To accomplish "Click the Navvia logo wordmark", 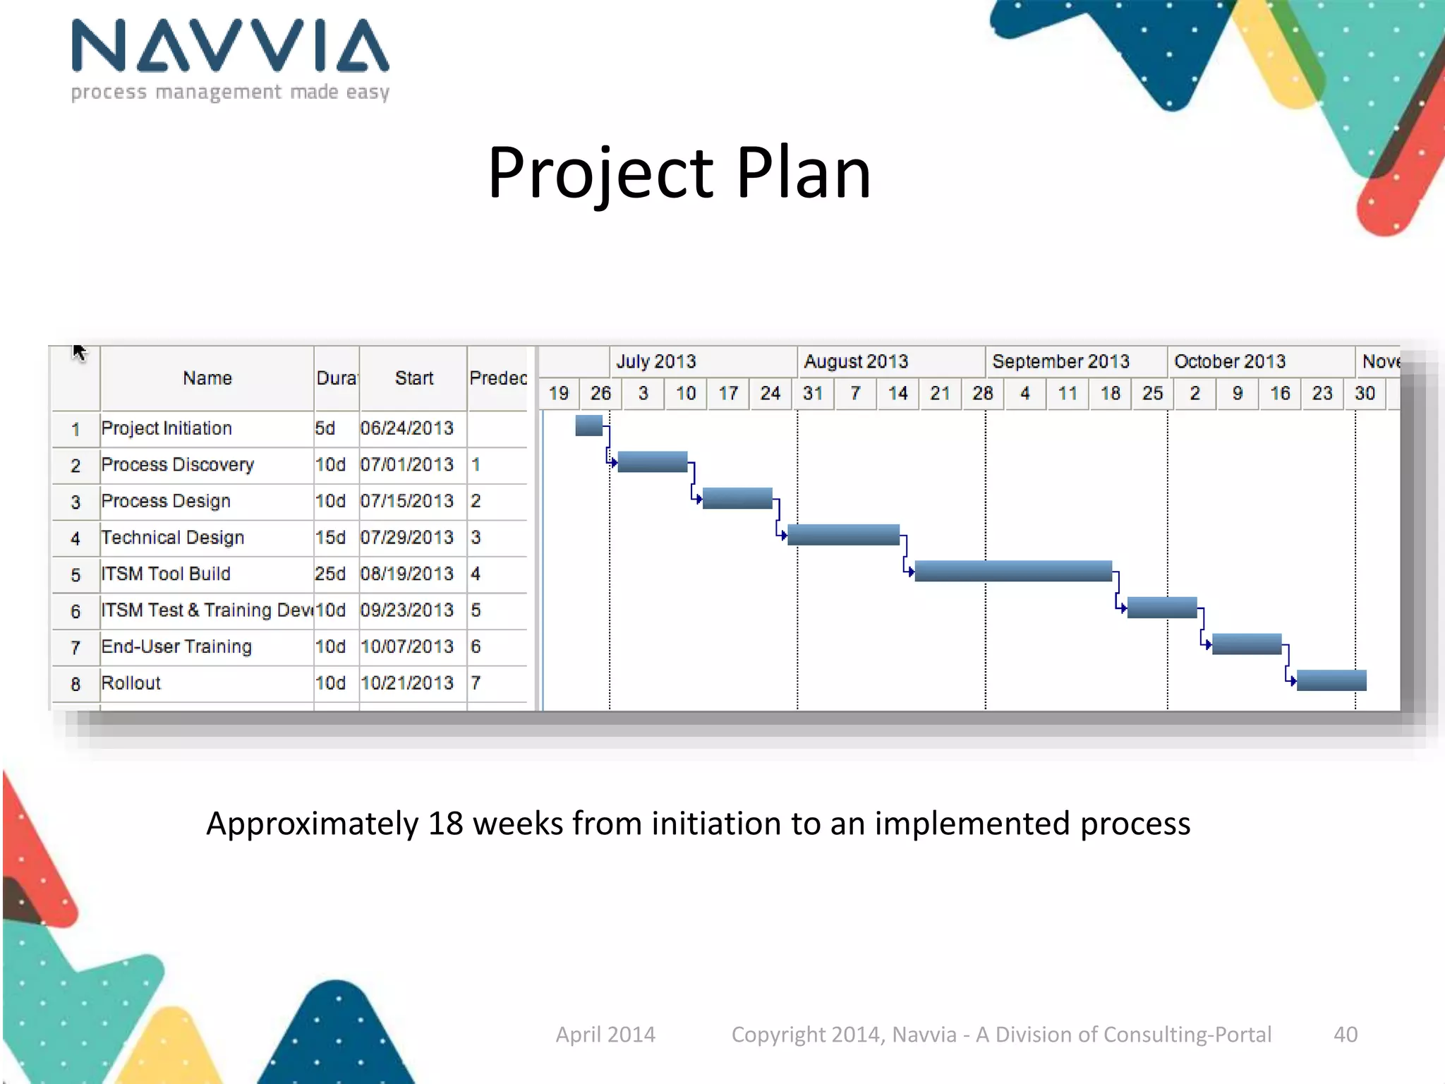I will click(230, 47).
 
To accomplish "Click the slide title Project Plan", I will click(679, 173).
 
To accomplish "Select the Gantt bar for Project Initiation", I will click(589, 426).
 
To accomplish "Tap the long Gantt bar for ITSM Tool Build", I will click(1013, 571).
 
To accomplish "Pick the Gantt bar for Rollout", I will click(1331, 680).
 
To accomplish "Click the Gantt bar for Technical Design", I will click(843, 535).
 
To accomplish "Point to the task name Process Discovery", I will click(178, 464).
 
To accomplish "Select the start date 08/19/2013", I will click(407, 574).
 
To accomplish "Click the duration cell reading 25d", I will click(330, 574).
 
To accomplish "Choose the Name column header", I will click(207, 378).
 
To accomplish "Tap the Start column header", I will click(414, 378).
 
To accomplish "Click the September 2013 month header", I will click(1060, 361).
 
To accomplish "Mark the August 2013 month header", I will click(856, 361).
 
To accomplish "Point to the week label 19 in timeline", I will click(559, 393).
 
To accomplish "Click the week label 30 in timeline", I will click(1365, 393).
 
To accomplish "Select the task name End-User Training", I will click(176, 646).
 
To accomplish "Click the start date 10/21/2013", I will click(407, 683).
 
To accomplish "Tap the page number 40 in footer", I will click(1346, 1035).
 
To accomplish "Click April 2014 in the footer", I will click(605, 1035).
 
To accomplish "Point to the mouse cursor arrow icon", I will click(78, 351).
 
